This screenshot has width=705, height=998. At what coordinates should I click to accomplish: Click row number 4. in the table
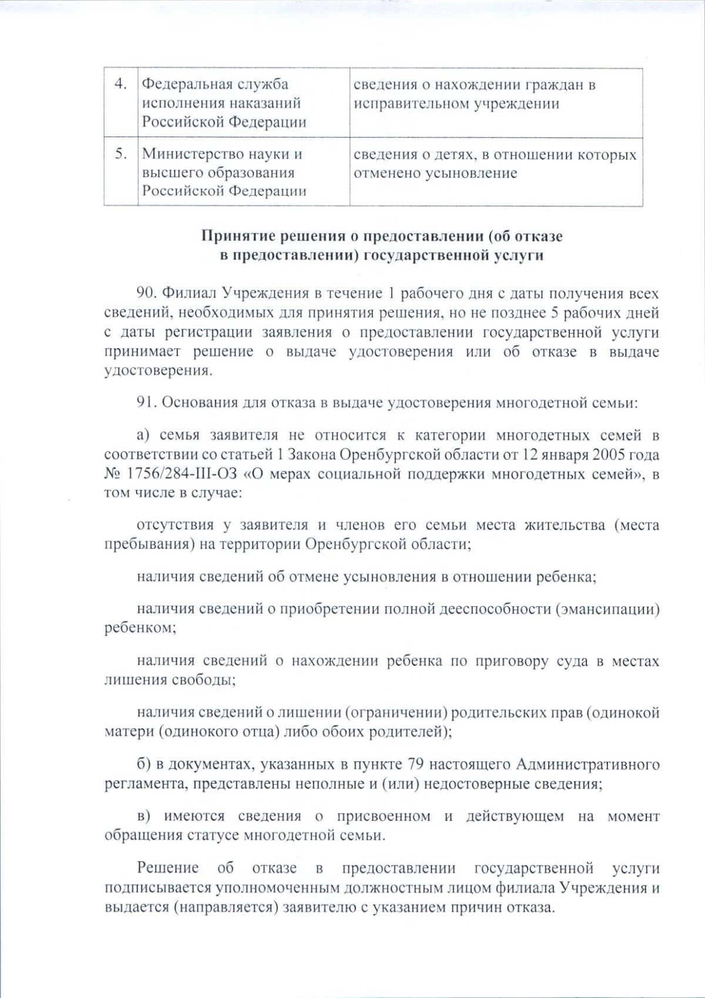[120, 84]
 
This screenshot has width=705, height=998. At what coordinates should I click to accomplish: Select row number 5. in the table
[120, 154]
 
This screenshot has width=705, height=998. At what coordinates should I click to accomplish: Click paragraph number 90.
[147, 293]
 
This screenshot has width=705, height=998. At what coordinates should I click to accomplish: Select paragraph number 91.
[147, 402]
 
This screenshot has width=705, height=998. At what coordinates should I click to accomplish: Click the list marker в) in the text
[144, 816]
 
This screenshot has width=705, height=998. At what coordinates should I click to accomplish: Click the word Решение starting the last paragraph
[167, 868]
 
